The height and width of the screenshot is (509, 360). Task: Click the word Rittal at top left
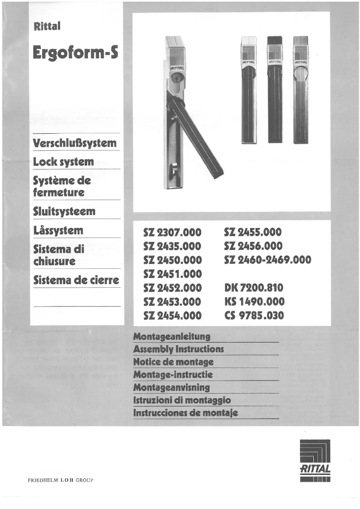coord(47,26)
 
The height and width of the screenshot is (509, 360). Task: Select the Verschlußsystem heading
coord(75,144)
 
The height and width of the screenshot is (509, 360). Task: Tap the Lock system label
coord(63,162)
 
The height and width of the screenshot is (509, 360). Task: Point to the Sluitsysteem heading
coord(64,211)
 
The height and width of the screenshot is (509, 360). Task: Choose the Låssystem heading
coord(58,231)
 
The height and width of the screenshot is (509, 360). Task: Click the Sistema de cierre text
coord(76,281)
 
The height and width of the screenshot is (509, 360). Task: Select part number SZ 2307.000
coord(172,233)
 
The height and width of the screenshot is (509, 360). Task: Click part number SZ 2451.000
coord(172,274)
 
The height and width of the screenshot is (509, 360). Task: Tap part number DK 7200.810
coord(254,288)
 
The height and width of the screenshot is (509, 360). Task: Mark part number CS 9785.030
coord(254,316)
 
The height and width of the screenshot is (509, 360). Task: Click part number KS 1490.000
coord(254,302)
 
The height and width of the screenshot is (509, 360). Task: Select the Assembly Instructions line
coord(178,349)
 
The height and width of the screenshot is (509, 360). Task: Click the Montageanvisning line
coord(171,387)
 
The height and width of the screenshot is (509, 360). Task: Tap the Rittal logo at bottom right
coord(315,460)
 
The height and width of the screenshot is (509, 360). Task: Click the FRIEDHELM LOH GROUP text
coord(60,480)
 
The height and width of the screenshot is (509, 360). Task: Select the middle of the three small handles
coord(274,90)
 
